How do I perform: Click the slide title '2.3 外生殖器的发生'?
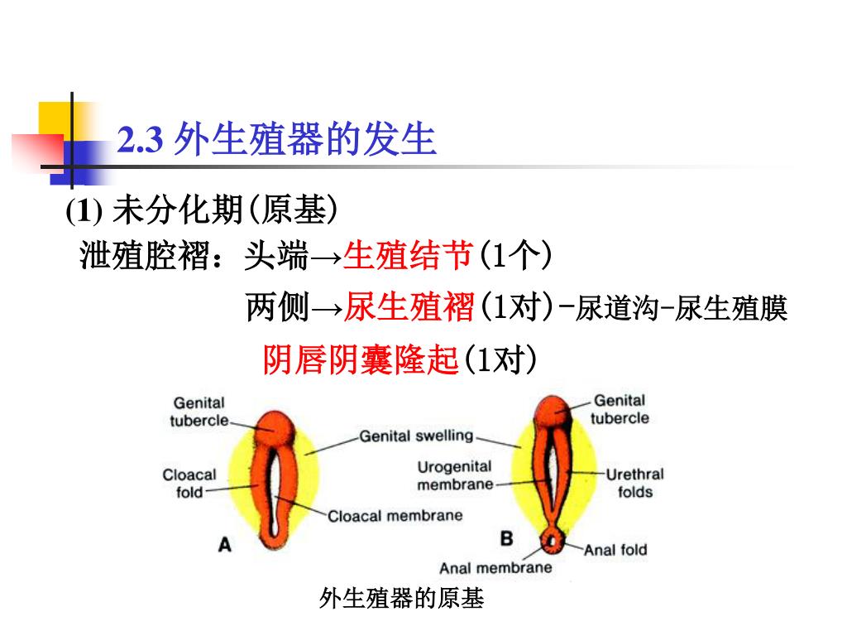click(277, 140)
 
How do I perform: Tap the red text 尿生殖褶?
click(409, 308)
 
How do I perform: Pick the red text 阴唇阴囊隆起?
click(360, 360)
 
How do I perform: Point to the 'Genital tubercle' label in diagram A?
click(199, 411)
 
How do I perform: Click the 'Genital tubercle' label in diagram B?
click(620, 409)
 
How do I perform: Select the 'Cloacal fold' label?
click(189, 483)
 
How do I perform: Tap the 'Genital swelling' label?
click(416, 435)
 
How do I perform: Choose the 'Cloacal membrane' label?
click(395, 516)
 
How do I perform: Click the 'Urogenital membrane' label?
click(454, 475)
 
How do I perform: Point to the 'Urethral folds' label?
click(634, 483)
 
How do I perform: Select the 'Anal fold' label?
click(615, 549)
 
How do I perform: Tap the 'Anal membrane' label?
click(495, 568)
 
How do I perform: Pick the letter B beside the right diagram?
click(506, 539)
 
